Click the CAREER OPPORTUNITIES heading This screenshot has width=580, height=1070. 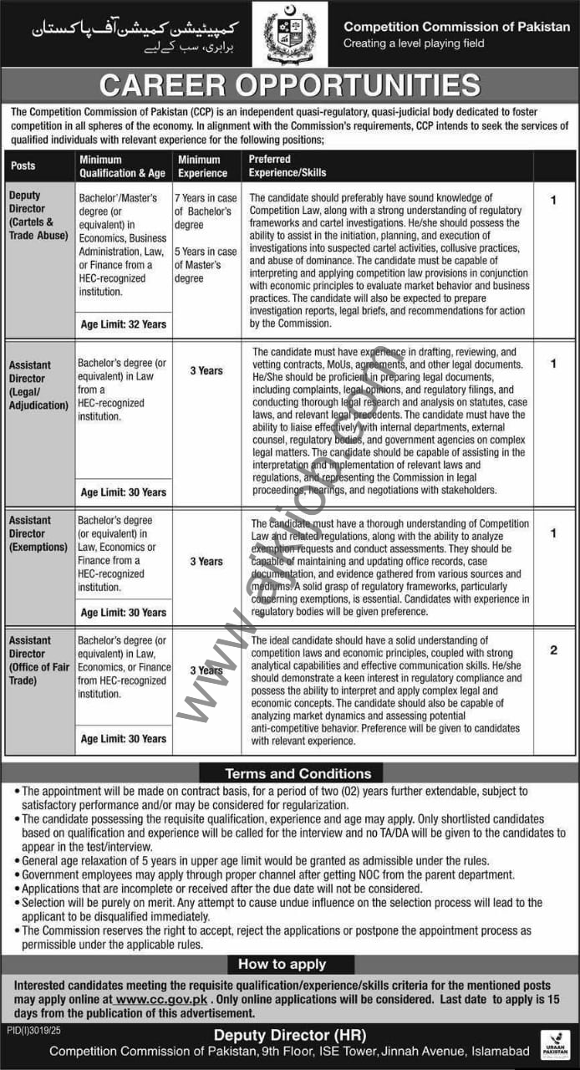[290, 86]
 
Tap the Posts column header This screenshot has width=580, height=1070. [23, 166]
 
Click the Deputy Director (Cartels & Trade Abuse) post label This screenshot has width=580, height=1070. [37, 216]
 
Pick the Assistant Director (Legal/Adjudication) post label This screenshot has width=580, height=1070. [38, 385]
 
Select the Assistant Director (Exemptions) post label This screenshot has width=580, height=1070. [38, 533]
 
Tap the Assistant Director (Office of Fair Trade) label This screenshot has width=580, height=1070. [38, 660]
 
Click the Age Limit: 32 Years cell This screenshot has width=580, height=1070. [124, 324]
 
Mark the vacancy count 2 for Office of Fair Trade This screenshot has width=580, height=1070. [553, 650]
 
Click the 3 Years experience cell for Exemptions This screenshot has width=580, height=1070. [206, 562]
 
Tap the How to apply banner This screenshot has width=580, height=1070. [282, 964]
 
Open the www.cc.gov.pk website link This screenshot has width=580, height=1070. [162, 999]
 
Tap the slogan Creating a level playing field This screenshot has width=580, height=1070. [414, 43]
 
